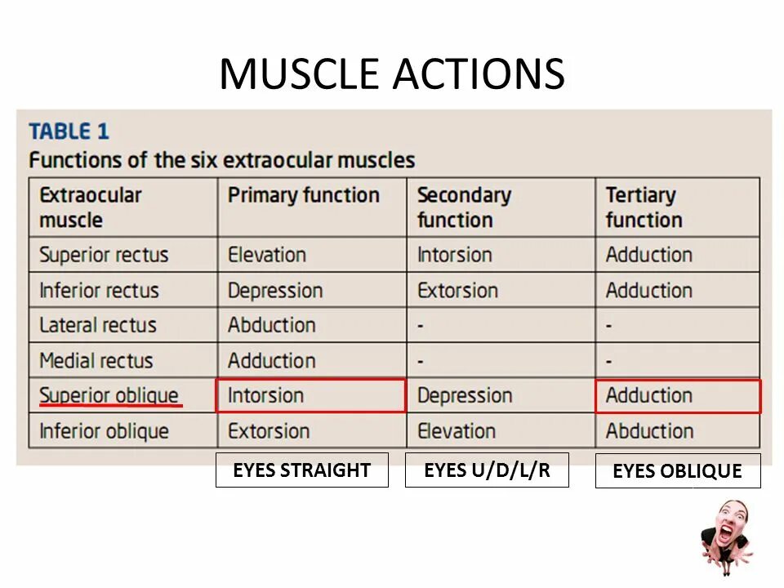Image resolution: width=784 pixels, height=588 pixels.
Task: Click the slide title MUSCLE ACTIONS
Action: (x=391, y=74)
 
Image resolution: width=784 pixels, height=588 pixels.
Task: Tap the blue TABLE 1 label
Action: (x=69, y=131)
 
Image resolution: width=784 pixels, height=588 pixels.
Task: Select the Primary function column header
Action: (x=303, y=196)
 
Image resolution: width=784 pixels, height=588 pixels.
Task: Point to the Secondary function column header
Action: (x=463, y=207)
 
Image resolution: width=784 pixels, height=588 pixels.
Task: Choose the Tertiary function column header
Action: (x=643, y=207)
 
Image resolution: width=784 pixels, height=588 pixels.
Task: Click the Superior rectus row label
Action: (x=104, y=255)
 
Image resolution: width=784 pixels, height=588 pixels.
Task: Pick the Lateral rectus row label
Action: (x=97, y=325)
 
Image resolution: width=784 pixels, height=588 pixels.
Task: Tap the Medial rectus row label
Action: (x=96, y=360)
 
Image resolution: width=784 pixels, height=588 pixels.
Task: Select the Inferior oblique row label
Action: (x=104, y=431)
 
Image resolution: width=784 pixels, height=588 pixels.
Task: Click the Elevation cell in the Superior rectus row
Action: (x=266, y=255)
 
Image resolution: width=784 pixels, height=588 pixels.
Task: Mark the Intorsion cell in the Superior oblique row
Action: (x=265, y=395)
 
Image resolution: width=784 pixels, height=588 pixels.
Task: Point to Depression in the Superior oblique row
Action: (x=464, y=395)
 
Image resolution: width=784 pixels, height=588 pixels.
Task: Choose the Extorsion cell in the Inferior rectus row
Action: (x=457, y=290)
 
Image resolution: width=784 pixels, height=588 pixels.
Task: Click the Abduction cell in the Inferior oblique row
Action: (x=648, y=431)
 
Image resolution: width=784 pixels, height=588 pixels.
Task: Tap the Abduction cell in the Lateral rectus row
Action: (x=271, y=325)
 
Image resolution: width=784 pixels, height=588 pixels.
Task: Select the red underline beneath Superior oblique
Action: (x=110, y=405)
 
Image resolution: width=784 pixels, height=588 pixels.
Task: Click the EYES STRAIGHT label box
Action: (x=301, y=470)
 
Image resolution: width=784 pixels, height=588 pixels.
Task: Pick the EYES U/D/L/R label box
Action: (x=487, y=470)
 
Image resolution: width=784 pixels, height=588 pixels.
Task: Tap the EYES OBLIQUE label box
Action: (x=677, y=471)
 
